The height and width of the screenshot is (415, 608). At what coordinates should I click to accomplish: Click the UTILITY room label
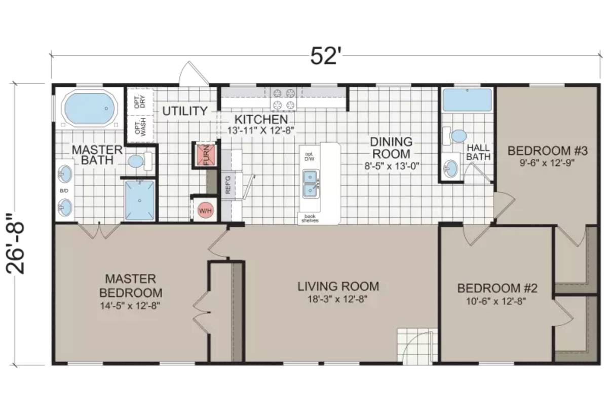click(x=184, y=111)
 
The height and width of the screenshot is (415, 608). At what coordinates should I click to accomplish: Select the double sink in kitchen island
click(x=310, y=184)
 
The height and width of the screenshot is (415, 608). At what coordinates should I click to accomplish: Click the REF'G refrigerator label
click(x=227, y=185)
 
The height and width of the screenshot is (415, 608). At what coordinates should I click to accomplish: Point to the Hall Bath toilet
click(x=458, y=135)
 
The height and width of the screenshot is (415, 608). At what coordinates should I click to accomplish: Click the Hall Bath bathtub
click(x=467, y=100)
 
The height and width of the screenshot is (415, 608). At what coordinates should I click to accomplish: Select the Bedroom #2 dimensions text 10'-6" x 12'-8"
click(x=497, y=301)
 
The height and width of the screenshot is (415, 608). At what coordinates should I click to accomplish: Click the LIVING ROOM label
click(x=338, y=287)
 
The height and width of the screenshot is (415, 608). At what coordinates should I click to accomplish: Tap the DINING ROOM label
click(x=390, y=147)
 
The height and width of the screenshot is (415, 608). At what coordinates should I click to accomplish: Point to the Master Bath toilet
click(x=137, y=161)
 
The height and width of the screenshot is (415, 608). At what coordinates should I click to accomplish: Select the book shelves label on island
click(x=309, y=219)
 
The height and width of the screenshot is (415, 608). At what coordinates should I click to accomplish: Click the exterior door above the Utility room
click(x=194, y=75)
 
